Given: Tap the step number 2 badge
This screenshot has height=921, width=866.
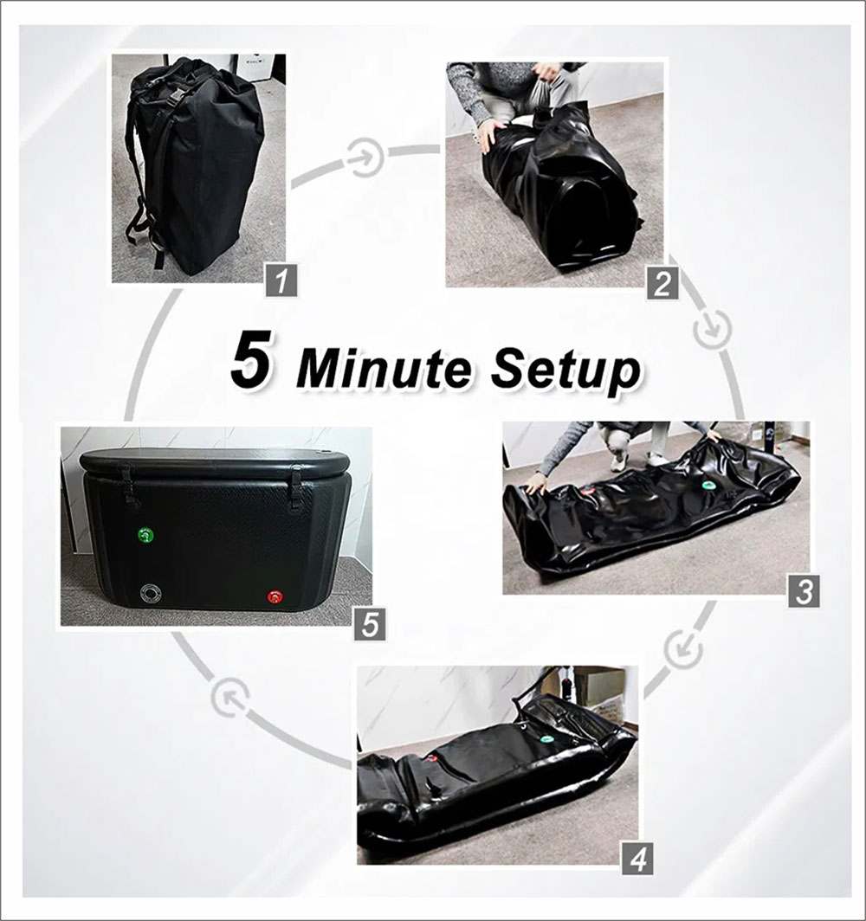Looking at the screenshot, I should [662, 284].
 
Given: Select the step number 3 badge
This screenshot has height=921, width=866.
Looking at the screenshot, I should [804, 592].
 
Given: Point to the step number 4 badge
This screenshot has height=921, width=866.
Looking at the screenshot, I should [637, 861].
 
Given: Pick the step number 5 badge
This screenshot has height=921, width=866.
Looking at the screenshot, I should [370, 624].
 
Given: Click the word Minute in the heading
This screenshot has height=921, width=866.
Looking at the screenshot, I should [387, 370].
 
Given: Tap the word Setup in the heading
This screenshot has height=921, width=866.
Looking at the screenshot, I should [565, 370].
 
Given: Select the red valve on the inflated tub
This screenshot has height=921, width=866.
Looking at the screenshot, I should [275, 596].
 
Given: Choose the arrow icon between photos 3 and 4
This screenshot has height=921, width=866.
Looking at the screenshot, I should [683, 646].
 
